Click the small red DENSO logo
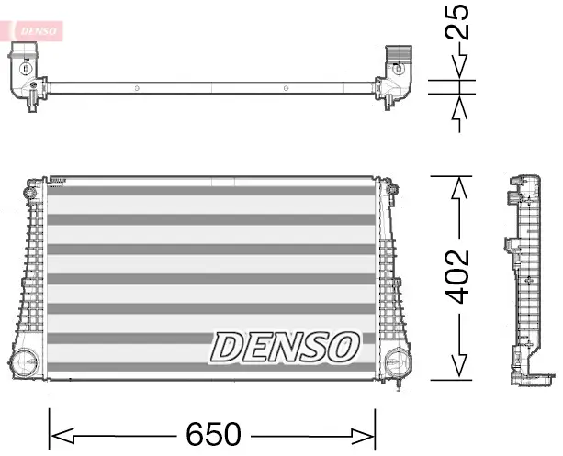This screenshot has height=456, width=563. [38, 30]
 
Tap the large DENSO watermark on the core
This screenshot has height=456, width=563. [285, 348]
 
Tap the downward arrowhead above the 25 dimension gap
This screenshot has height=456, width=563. [457, 68]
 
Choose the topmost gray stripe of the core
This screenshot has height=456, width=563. [212, 189]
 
